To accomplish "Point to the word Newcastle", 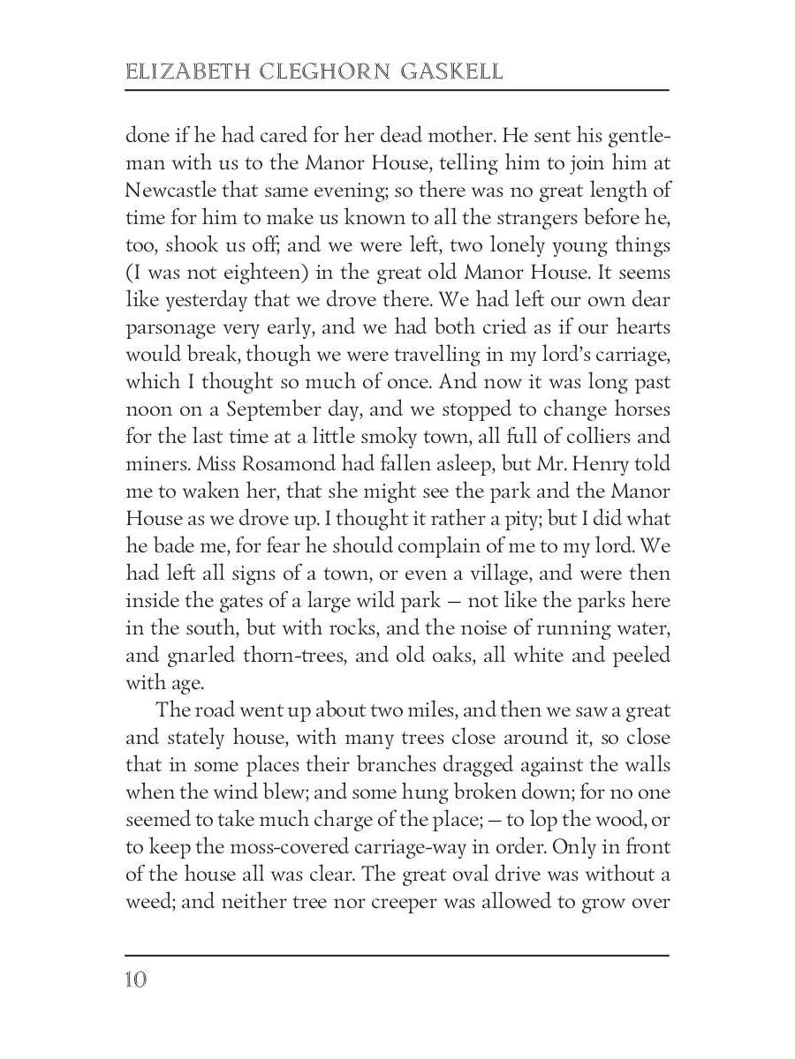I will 170,190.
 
